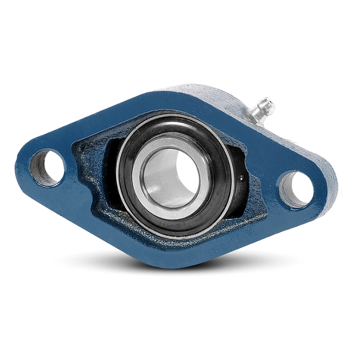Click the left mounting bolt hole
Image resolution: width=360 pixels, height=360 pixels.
[47, 167]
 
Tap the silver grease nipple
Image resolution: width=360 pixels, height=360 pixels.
[260, 110]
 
